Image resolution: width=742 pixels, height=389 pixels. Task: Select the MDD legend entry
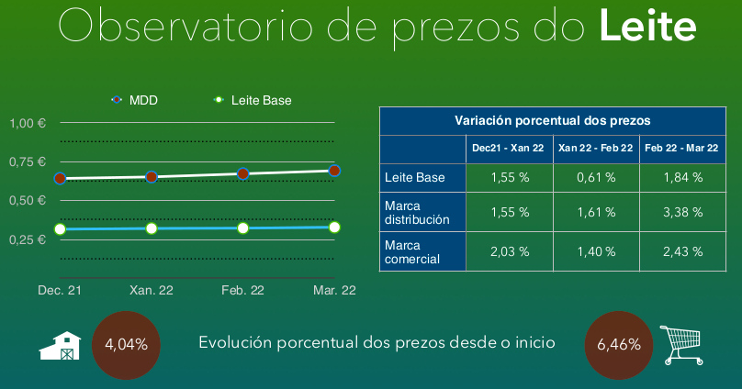pos(134,100)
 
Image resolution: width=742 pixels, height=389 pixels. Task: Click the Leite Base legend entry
pos(253,100)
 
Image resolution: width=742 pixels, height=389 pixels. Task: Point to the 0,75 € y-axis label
pos(28,161)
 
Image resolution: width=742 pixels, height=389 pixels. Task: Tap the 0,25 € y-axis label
pos(28,239)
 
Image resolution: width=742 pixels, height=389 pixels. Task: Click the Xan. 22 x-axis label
pos(152,290)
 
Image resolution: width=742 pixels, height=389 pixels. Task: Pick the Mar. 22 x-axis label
pos(334,290)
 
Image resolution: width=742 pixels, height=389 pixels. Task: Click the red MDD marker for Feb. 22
pos(242,174)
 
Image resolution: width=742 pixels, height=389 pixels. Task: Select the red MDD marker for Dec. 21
pos(60,179)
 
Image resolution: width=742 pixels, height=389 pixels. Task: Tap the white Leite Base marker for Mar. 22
pos(334,228)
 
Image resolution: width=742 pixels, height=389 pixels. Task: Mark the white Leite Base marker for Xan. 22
pos(152,228)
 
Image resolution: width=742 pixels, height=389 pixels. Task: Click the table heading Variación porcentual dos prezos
pos(553,121)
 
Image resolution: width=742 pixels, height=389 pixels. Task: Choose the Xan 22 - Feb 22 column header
pos(596,148)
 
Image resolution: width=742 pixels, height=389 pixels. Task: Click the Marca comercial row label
pos(412,252)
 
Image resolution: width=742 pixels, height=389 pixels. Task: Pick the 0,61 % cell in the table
pos(596,178)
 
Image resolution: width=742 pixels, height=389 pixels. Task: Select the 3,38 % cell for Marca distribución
pos(683,212)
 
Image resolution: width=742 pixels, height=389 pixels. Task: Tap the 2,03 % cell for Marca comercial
pos(510,251)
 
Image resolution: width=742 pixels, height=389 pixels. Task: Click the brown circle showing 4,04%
pos(126,345)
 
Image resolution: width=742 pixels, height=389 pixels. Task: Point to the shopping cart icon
pos(681,345)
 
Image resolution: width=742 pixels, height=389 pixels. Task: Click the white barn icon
pos(60,346)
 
